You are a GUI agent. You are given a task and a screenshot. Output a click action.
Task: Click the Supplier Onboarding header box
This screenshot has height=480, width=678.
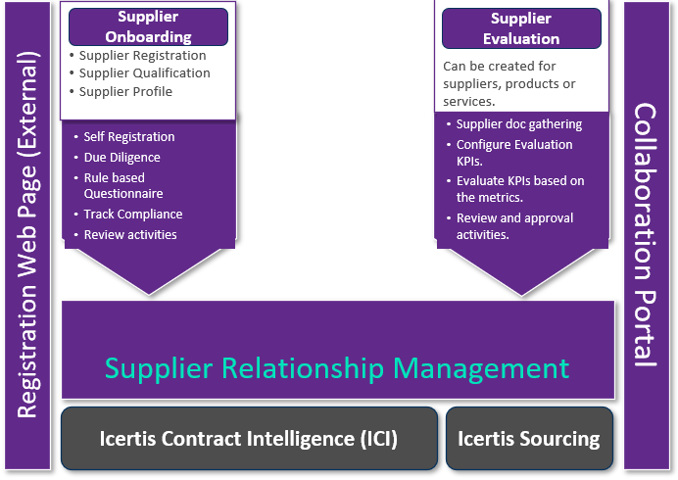pyautogui.click(x=148, y=27)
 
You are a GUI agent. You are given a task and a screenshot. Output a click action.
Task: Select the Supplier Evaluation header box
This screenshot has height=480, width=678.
pyautogui.click(x=520, y=29)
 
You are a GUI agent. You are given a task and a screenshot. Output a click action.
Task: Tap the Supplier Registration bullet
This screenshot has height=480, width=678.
pyautogui.click(x=142, y=56)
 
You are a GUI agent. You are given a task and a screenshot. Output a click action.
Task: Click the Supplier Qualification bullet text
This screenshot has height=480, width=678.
pyautogui.click(x=144, y=73)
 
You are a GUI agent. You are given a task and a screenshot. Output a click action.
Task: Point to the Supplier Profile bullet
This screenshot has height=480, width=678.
pyautogui.click(x=125, y=92)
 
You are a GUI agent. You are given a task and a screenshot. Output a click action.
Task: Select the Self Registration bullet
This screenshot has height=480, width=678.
pyautogui.click(x=129, y=137)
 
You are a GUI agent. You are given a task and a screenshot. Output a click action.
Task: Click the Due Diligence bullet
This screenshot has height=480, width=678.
pyautogui.click(x=121, y=158)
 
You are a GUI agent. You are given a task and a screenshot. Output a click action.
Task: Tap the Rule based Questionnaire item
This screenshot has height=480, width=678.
pyautogui.click(x=127, y=186)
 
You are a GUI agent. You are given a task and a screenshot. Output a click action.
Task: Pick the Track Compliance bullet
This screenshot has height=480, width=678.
pyautogui.click(x=132, y=215)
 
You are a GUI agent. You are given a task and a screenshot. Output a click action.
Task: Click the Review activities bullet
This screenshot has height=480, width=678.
pyautogui.click(x=130, y=235)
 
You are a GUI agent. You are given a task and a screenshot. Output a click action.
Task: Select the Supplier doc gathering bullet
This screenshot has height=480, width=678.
pyautogui.click(x=518, y=124)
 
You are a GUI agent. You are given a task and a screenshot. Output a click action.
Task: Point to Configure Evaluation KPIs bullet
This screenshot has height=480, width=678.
pyautogui.click(x=513, y=153)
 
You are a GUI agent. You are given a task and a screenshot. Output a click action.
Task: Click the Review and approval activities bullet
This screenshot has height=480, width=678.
pyautogui.click(x=513, y=226)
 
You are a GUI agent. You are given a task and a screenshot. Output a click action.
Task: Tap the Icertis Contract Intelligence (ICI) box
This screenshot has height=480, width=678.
pyautogui.click(x=249, y=439)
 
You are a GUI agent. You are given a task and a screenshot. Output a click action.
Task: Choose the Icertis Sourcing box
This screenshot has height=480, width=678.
pyautogui.click(x=529, y=439)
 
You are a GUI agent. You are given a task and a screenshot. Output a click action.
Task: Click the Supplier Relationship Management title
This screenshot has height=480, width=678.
pyautogui.click(x=337, y=368)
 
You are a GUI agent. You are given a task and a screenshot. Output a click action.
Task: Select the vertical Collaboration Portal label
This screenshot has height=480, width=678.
pyautogui.click(x=646, y=235)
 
